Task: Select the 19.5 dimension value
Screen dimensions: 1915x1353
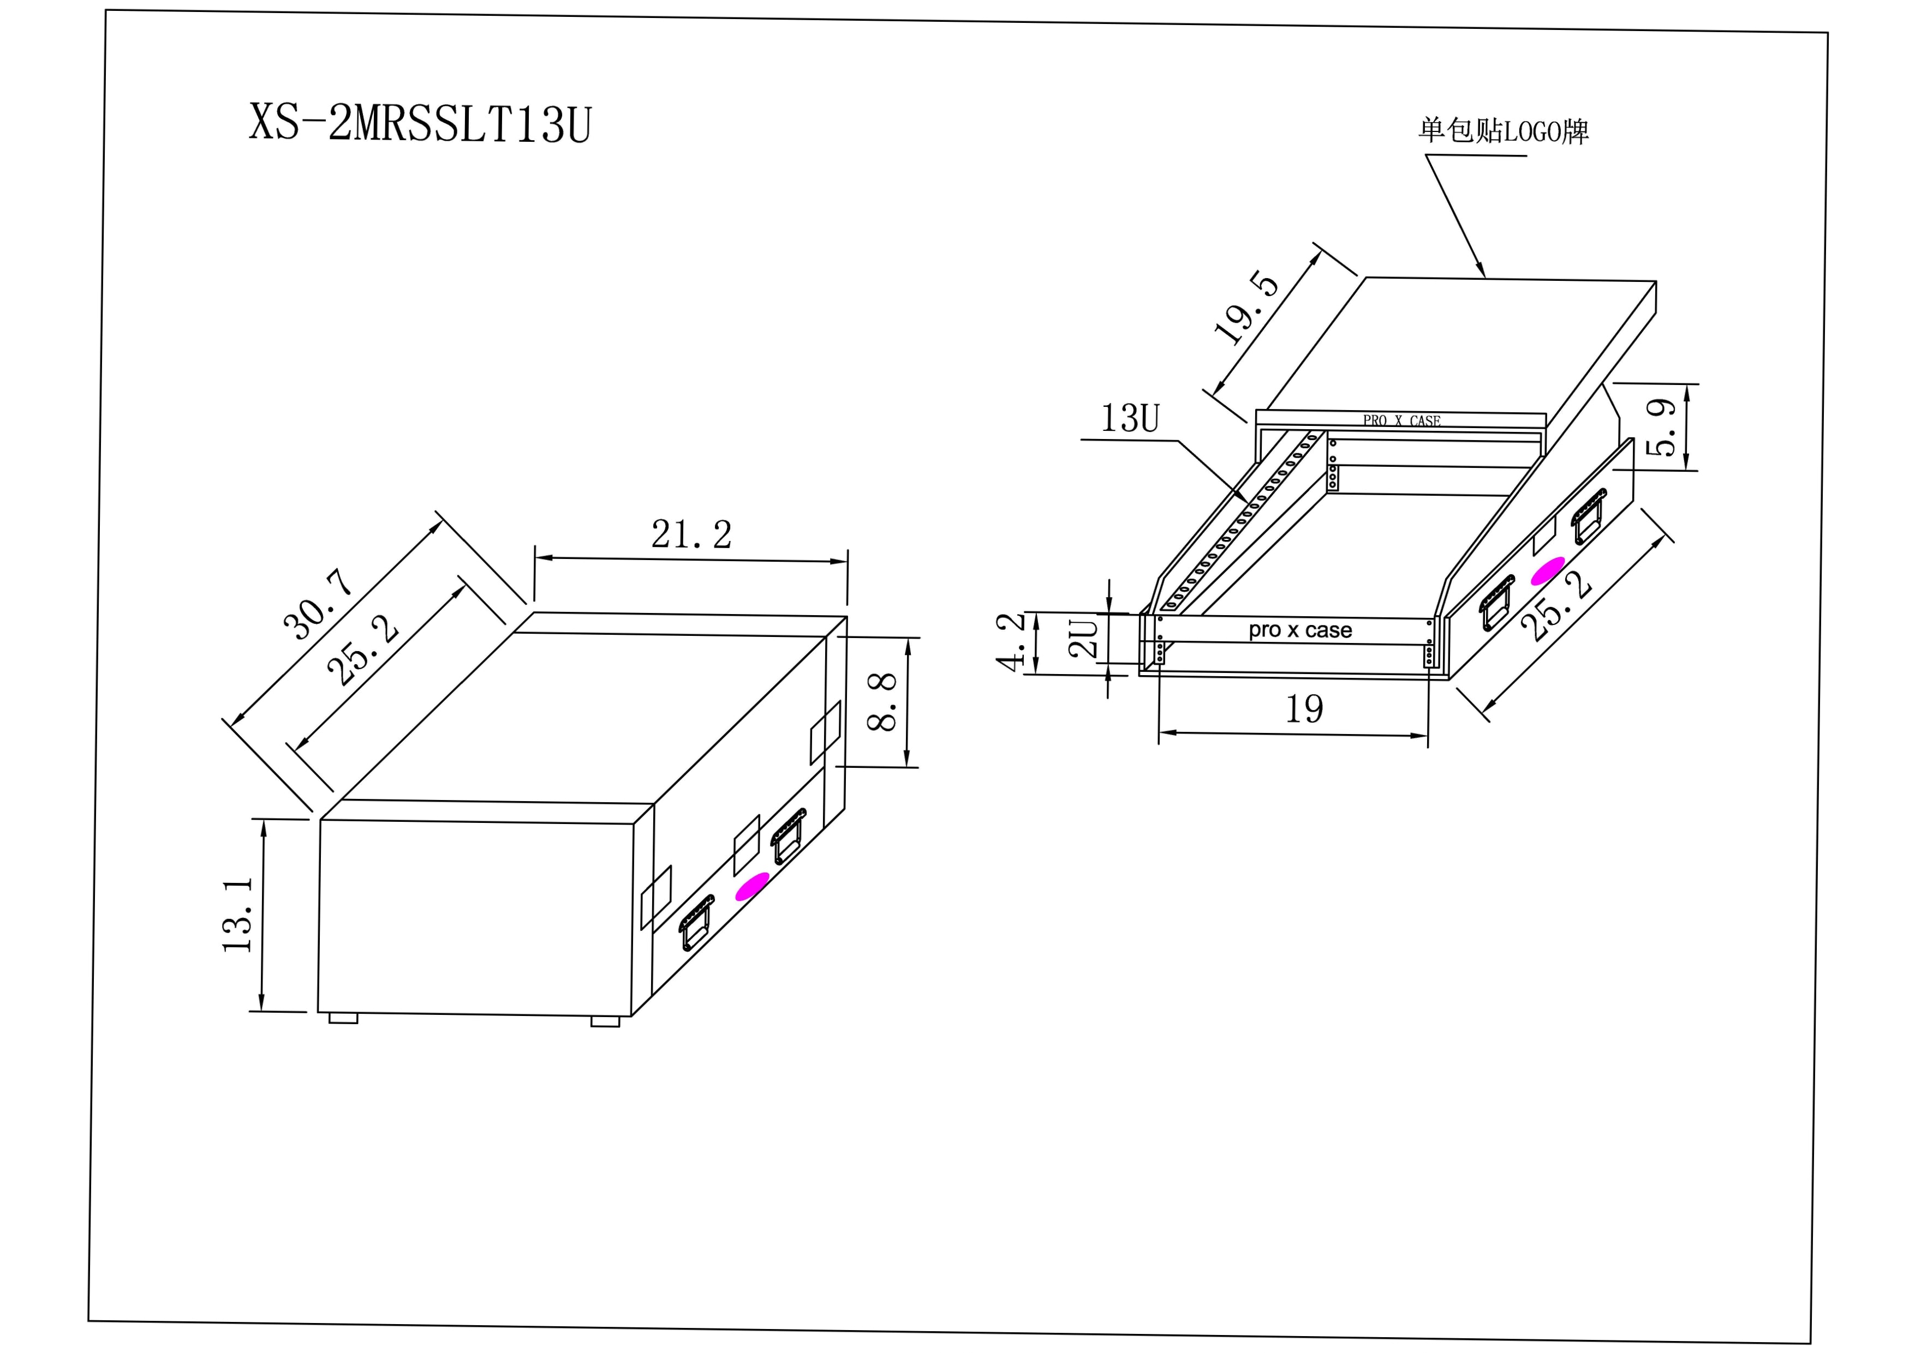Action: point(1246,308)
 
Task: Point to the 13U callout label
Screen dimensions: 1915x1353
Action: point(1130,418)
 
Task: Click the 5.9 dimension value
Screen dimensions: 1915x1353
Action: point(1661,428)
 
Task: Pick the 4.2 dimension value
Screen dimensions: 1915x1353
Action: point(1010,641)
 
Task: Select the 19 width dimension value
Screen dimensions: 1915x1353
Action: point(1304,708)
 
